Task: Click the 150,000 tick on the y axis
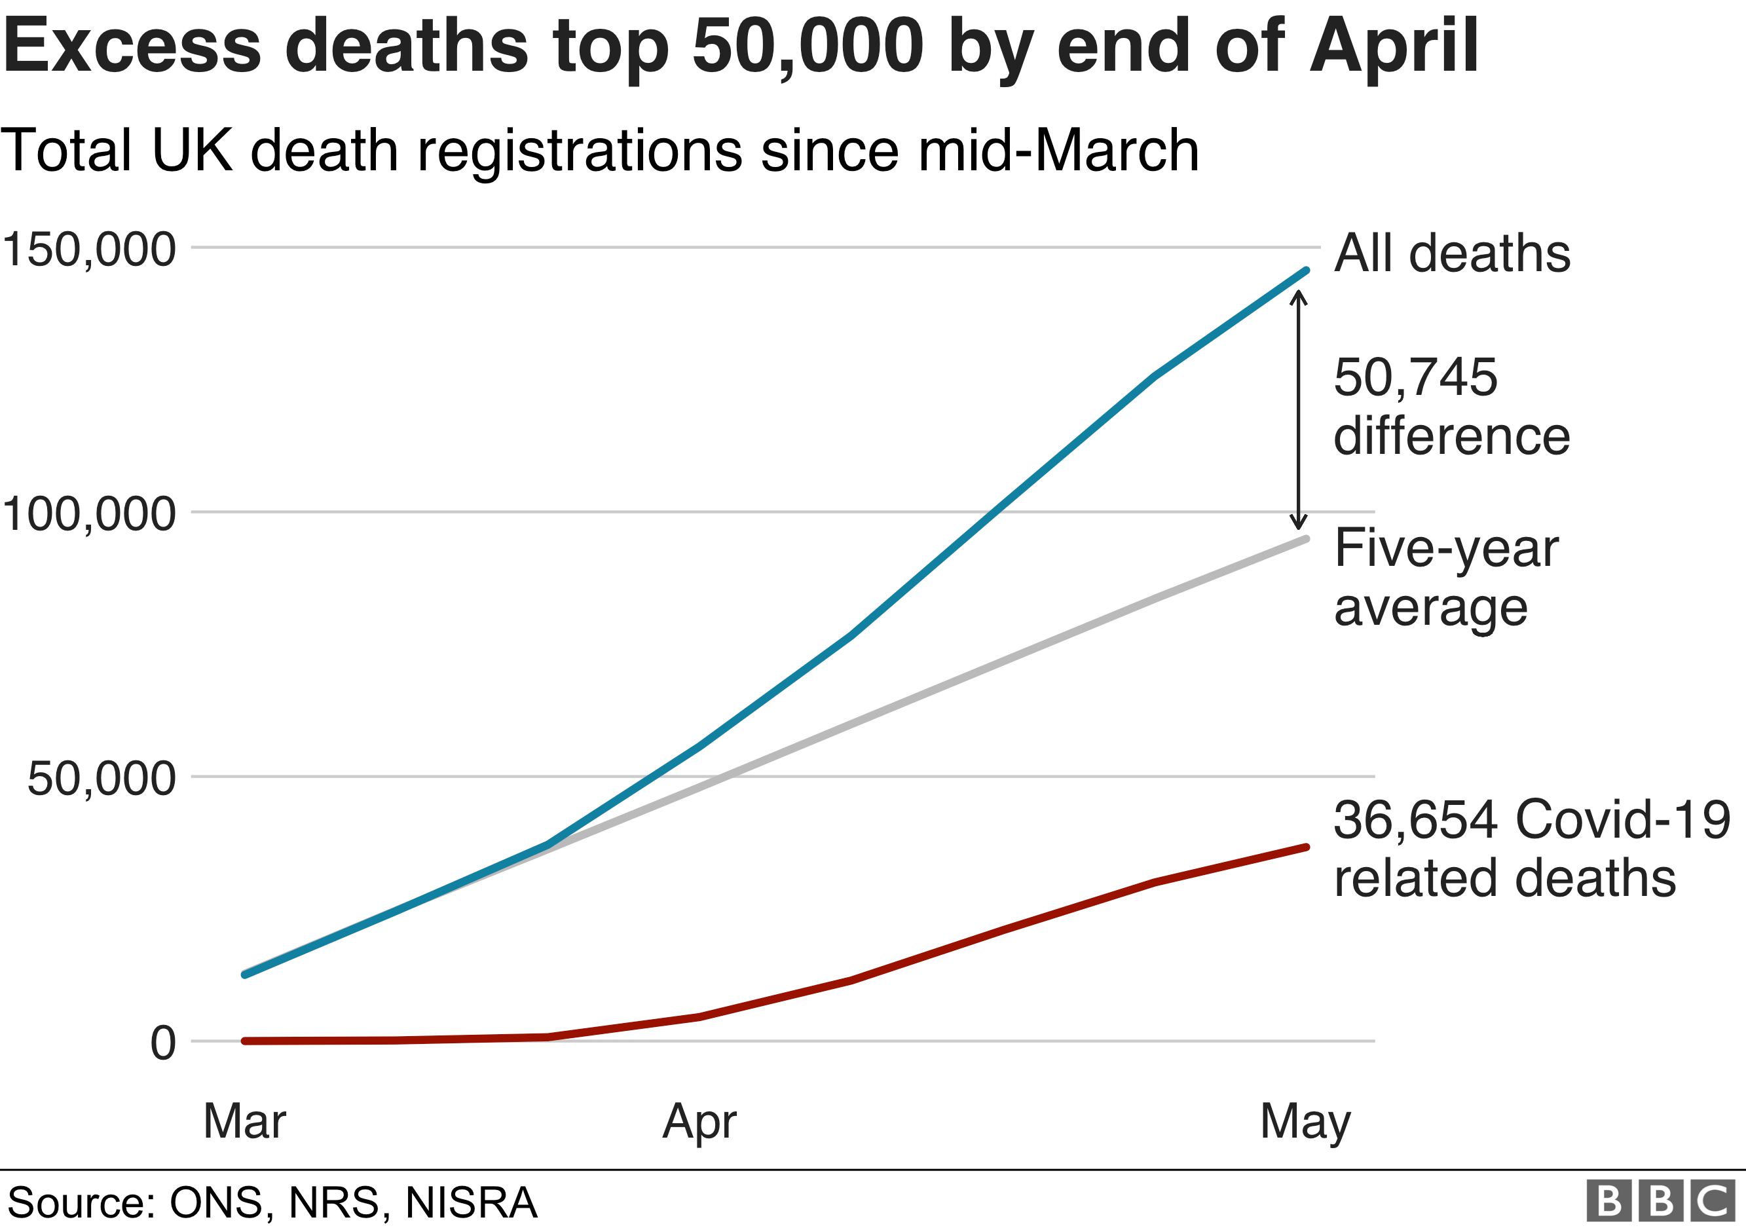tap(89, 249)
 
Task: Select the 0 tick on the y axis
tap(162, 1043)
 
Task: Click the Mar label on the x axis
tap(244, 1121)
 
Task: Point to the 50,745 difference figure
tap(1415, 377)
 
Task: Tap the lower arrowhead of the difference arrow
tap(1299, 524)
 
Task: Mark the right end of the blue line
tap(1307, 270)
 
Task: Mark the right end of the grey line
tap(1307, 538)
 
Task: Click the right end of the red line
tap(1307, 847)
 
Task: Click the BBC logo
tap(1661, 1201)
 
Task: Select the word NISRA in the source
tap(471, 1203)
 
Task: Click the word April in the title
tap(1394, 47)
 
